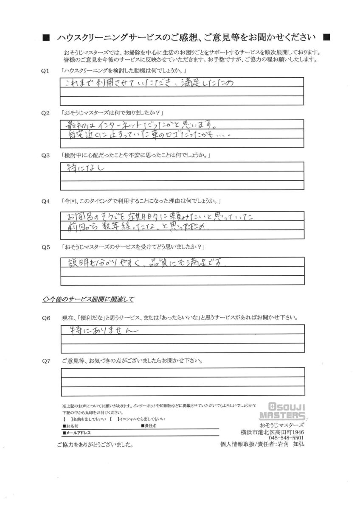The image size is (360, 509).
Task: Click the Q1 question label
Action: pos(46,70)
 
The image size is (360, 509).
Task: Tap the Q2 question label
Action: pos(46,114)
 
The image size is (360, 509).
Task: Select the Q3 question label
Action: pos(46,156)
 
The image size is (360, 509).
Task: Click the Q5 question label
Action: pos(46,246)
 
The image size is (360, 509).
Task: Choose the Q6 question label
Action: pos(46,317)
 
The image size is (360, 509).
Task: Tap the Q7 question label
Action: pos(46,361)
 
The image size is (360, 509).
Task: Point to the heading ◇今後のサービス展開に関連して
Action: pos(89,300)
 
